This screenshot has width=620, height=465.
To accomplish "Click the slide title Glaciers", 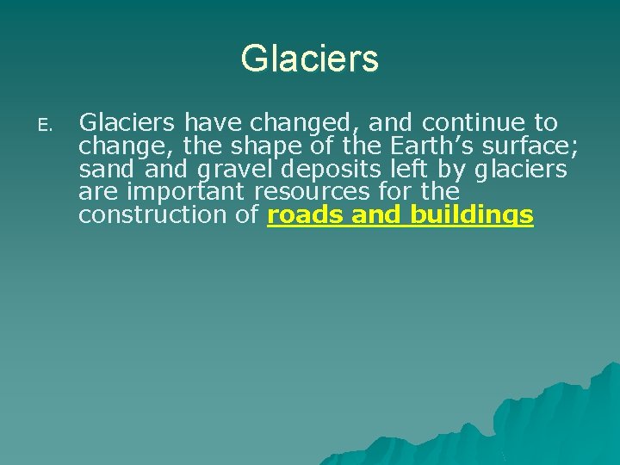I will pos(309,59).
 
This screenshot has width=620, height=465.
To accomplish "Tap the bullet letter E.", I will pos(43,126).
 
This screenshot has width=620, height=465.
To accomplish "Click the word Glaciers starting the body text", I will pos(127,123).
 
